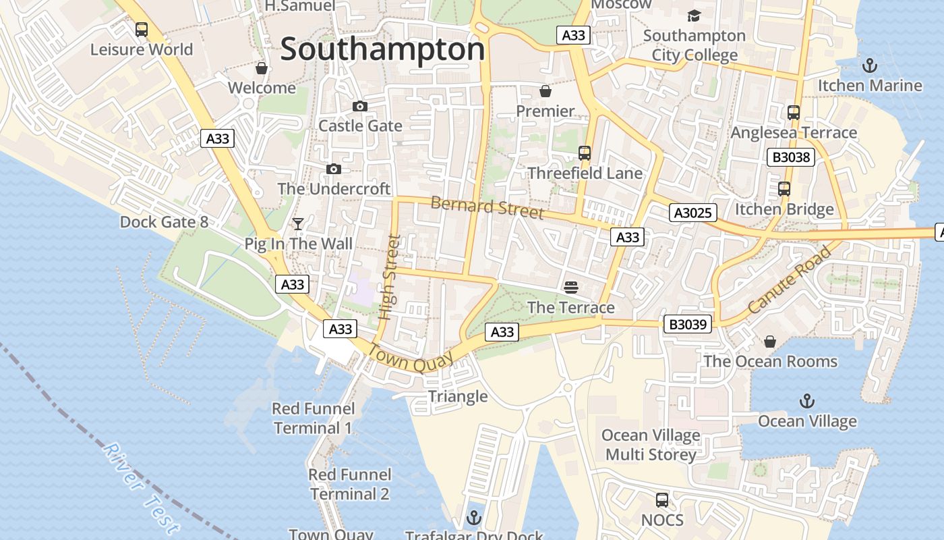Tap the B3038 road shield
791,158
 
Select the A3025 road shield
692,213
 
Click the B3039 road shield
688,325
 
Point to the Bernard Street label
486,207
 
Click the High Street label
389,277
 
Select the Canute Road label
790,279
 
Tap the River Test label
142,488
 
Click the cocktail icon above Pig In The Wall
297,223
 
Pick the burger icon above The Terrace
571,288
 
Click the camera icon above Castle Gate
360,106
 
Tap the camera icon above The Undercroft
334,169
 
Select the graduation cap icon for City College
694,16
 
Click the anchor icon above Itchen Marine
870,65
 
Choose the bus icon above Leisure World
142,30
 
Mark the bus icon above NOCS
662,500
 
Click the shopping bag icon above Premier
545,91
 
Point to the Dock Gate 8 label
164,222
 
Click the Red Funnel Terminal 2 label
349,484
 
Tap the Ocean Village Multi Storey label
651,445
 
